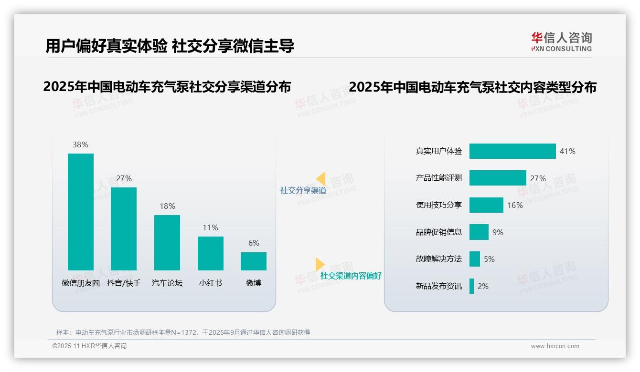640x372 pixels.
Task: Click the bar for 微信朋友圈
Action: [x=81, y=212]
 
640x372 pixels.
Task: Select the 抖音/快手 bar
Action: [x=124, y=229]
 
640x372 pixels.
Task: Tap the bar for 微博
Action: [x=254, y=261]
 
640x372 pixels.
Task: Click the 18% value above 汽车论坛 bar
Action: [x=167, y=206]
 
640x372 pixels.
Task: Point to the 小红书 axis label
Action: [x=211, y=283]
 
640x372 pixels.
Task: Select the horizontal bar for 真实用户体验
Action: [x=512, y=151]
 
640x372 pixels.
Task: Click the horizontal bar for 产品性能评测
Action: [x=498, y=178]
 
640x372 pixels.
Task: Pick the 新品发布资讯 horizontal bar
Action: [x=471, y=286]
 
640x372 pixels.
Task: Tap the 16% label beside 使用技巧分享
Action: [x=515, y=205]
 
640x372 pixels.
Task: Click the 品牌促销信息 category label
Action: [x=439, y=232]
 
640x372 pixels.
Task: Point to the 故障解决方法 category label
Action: [x=439, y=259]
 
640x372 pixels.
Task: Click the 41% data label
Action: [x=567, y=151]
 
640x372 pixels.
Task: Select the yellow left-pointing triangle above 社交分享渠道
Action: [x=321, y=179]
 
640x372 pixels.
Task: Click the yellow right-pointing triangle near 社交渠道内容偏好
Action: [x=320, y=264]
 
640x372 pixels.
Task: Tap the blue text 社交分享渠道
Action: [x=303, y=190]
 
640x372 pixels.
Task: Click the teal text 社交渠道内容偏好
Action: [x=351, y=276]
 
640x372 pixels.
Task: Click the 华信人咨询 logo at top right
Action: [x=561, y=41]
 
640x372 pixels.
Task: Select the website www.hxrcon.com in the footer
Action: [x=555, y=346]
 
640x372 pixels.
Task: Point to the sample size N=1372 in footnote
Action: [x=181, y=332]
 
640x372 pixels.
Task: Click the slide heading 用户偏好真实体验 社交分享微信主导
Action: [x=170, y=46]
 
